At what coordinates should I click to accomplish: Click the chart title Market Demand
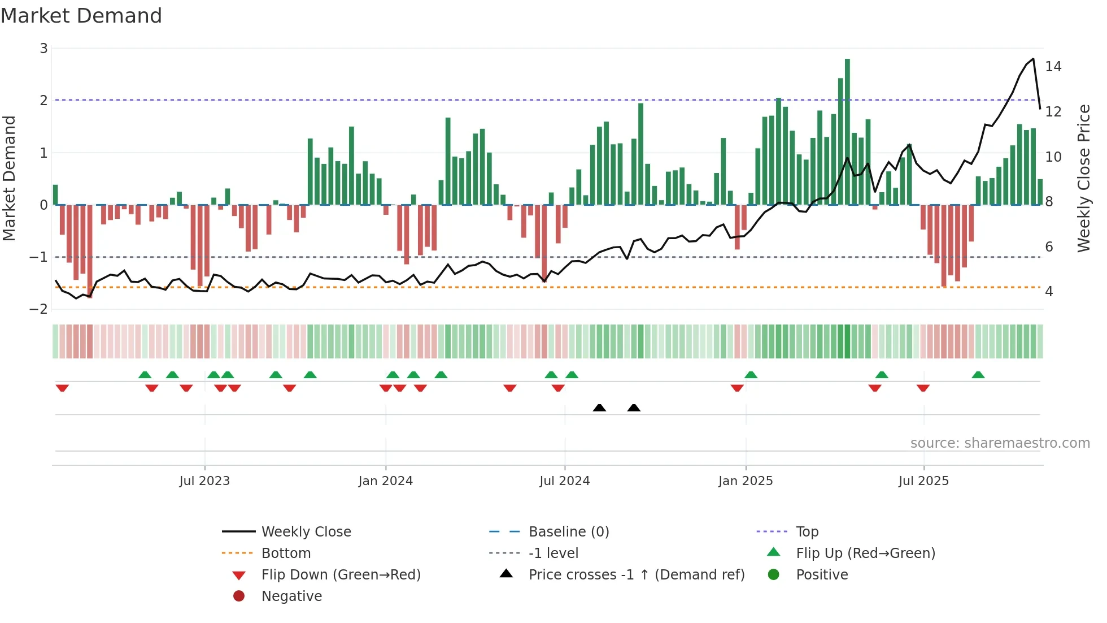81,16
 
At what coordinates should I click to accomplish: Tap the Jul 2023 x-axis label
204,481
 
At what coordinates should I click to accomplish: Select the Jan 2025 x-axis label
746,481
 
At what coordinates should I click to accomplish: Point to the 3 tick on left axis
43,49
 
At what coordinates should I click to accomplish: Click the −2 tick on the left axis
39,309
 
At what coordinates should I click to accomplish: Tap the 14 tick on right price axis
1053,67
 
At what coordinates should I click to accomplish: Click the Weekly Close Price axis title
1083,178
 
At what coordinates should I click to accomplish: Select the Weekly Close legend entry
306,532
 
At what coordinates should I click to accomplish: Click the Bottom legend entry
286,553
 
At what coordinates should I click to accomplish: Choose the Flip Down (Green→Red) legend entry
341,575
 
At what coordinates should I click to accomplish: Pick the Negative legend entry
291,596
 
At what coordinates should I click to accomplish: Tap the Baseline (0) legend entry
569,532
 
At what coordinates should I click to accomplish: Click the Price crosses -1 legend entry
637,575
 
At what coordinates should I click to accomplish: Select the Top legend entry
807,532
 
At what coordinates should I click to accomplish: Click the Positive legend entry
822,575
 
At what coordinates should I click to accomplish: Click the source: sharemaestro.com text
1000,443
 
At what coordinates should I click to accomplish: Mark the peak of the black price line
1033,59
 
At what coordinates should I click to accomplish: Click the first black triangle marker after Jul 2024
600,408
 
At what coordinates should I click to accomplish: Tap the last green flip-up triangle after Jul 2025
978,375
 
